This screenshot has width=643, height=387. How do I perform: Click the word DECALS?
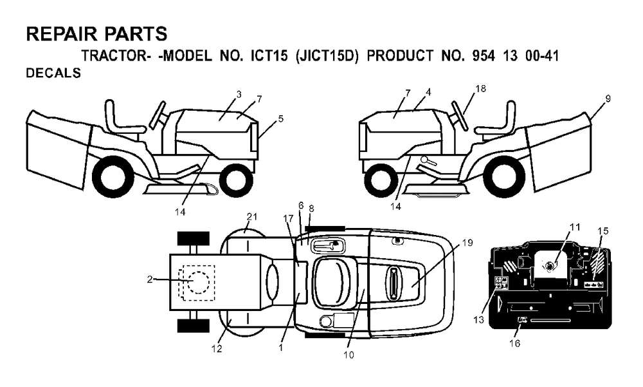point(53,73)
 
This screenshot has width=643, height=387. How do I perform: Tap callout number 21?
point(252,216)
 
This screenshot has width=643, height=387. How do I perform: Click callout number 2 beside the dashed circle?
point(150,279)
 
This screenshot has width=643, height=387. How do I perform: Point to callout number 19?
point(467,243)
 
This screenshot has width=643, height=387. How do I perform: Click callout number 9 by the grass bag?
point(608,99)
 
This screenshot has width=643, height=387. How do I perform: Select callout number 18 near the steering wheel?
point(480,89)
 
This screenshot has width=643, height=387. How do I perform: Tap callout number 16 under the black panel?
point(514,343)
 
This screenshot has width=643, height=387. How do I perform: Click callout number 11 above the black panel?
point(575,227)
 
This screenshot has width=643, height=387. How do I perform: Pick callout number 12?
point(217,349)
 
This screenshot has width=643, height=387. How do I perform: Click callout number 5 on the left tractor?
point(280,118)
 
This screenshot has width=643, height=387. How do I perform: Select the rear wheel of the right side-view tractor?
point(508,177)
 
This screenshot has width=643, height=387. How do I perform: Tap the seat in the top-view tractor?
point(328,283)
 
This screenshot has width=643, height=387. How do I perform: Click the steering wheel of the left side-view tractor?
point(158,114)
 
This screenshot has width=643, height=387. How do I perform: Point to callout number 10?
point(349,355)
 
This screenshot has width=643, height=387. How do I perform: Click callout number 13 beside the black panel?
point(478,320)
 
